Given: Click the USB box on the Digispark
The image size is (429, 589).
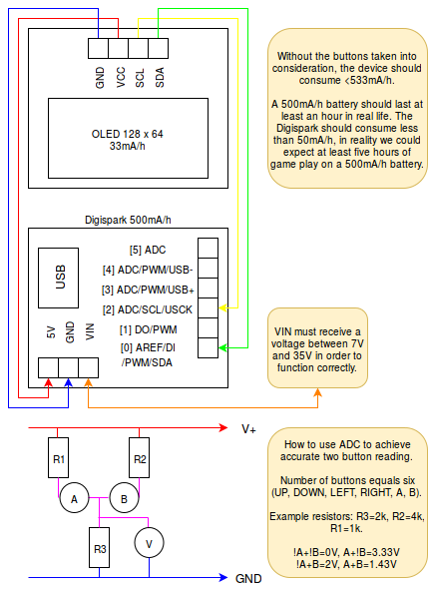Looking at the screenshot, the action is click(x=58, y=278).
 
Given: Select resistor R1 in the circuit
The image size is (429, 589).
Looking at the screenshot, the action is click(x=58, y=457).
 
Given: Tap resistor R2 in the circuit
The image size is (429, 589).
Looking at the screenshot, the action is click(x=140, y=457).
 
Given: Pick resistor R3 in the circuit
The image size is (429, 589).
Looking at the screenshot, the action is click(x=99, y=547).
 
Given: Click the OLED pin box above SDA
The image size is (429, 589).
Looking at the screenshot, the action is click(x=158, y=48).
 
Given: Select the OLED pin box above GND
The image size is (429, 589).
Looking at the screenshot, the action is click(x=98, y=48).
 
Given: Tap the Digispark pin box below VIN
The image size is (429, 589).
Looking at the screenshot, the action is click(x=89, y=367).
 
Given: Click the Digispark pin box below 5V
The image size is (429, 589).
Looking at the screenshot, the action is click(x=48, y=367).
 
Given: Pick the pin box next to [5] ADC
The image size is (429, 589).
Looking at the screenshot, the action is click(x=208, y=248).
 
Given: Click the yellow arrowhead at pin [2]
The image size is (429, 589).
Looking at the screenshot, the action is click(x=222, y=308).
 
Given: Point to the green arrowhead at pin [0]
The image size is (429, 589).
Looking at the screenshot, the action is click(x=222, y=347).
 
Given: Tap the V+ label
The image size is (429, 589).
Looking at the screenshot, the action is click(x=248, y=428).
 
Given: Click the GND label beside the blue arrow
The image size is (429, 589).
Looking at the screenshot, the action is click(x=248, y=578).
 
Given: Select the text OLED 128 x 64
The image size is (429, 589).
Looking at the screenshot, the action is click(x=128, y=134).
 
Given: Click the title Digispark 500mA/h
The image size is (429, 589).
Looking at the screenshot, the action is click(x=128, y=220).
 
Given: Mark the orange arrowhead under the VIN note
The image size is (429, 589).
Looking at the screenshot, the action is click(x=317, y=392).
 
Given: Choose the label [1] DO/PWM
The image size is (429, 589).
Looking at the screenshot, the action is click(x=149, y=329).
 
